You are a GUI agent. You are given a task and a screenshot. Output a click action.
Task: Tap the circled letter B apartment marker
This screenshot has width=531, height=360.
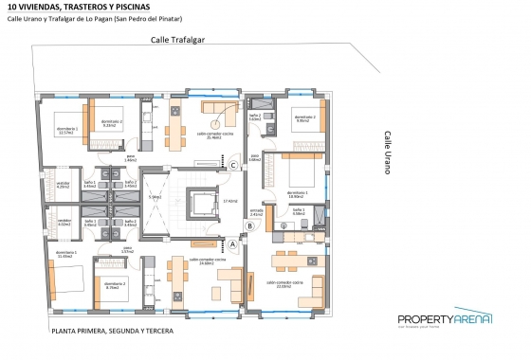pyautogui.click(x=249, y=225)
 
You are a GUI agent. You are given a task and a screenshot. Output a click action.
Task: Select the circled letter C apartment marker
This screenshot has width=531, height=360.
pyautogui.click(x=233, y=166)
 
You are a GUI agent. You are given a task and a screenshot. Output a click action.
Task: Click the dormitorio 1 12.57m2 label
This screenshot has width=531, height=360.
pyautogui.click(x=66, y=131)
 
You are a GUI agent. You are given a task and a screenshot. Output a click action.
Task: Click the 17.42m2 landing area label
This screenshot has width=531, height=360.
pyautogui.click(x=229, y=201)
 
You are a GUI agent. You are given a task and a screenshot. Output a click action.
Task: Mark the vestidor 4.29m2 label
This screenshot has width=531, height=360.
pyautogui.click(x=64, y=185)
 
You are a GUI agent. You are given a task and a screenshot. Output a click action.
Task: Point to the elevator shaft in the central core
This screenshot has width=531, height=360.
pyautogui.click(x=202, y=204)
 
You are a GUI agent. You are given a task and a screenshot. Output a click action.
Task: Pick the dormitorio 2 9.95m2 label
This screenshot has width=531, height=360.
pyautogui.click(x=302, y=118)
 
